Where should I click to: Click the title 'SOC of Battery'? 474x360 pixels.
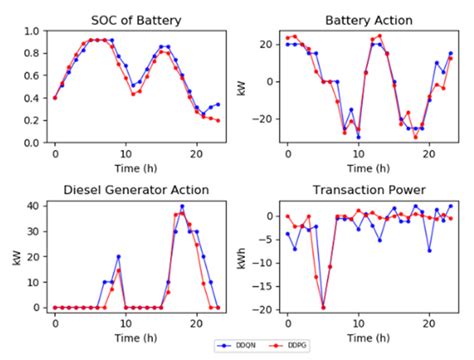coord(137,19)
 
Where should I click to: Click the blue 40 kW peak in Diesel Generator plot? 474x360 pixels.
coord(182,206)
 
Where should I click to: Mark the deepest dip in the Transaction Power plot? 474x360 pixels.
coord(323,306)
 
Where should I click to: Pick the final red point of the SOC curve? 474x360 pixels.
coord(218,120)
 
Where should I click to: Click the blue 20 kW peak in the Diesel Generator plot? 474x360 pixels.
coord(118,257)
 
